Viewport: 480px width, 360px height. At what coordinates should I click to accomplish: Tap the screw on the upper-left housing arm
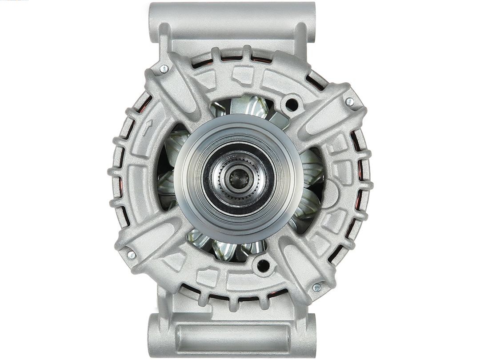tap(164, 68)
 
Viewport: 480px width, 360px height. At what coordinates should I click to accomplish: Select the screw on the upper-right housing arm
tap(350, 102)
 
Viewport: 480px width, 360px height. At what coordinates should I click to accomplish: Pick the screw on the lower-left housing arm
tap(132, 255)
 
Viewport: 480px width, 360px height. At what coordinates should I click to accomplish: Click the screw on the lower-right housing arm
tap(316, 288)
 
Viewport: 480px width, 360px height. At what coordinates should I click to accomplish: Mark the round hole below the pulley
tap(263, 265)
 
